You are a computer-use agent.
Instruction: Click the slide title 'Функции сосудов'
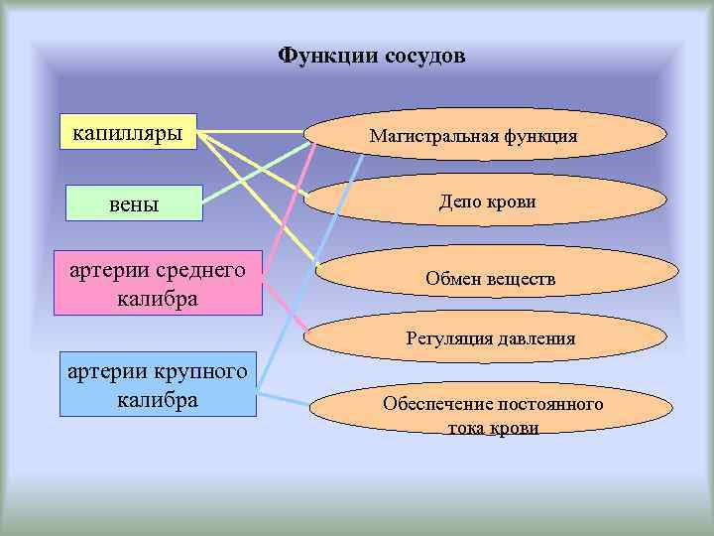(x=371, y=56)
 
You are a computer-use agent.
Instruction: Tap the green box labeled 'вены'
(x=133, y=203)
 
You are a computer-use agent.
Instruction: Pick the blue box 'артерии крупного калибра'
(x=157, y=384)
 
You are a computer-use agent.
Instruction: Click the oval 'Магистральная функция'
(x=472, y=136)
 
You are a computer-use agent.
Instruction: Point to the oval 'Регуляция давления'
(x=490, y=337)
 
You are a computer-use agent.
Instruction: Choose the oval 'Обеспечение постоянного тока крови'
(x=493, y=416)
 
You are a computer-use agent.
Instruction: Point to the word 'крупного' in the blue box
(x=196, y=371)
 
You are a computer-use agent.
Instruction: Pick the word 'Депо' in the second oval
(x=459, y=201)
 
